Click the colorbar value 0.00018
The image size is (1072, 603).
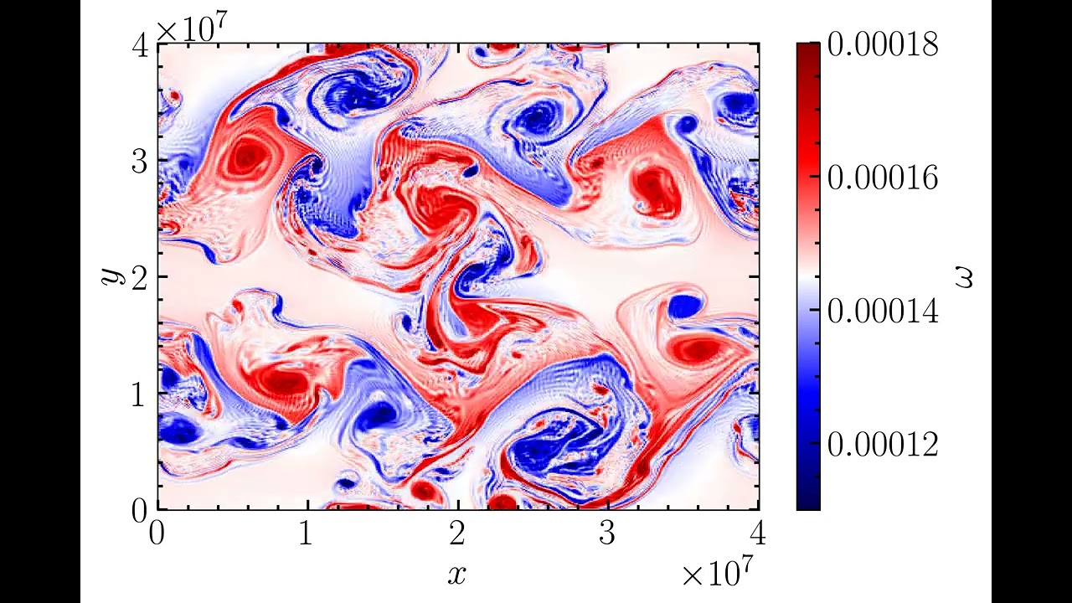pos(883,44)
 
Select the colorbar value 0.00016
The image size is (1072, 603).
pos(883,178)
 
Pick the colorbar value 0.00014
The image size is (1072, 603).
pos(883,311)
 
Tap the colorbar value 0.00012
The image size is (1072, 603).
pos(883,444)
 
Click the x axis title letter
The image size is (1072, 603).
pos(456,575)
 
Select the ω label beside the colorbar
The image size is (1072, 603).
pos(963,276)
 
